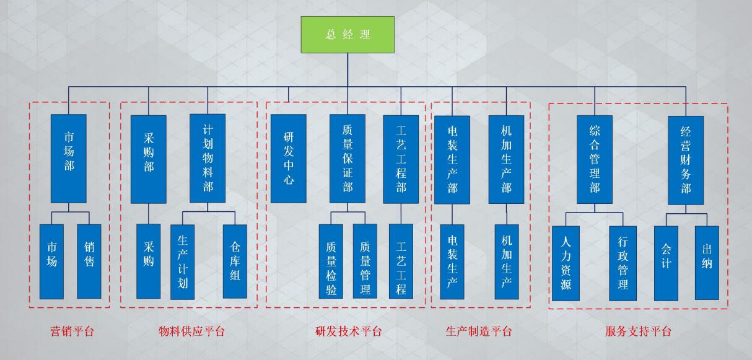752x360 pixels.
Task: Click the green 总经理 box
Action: tap(348, 34)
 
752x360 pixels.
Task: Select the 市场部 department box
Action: tap(69, 158)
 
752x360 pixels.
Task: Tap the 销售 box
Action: tap(89, 261)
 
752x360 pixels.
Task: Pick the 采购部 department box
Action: tap(149, 159)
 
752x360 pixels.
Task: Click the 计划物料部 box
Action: tap(208, 158)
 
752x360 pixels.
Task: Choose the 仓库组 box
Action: tap(235, 261)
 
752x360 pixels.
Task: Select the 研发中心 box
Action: tap(289, 159)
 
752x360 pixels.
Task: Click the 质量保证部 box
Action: tap(348, 159)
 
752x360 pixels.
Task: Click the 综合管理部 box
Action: tap(595, 159)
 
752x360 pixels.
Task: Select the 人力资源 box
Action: tap(566, 263)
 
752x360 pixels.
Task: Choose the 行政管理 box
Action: tap(623, 263)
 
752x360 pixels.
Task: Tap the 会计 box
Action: tap(666, 263)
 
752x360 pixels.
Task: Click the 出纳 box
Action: tap(707, 263)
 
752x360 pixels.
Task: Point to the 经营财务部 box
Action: tap(686, 160)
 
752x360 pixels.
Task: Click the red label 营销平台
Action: tap(72, 331)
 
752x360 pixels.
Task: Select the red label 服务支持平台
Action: tap(638, 331)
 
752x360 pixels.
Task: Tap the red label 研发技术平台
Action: tap(349, 331)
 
